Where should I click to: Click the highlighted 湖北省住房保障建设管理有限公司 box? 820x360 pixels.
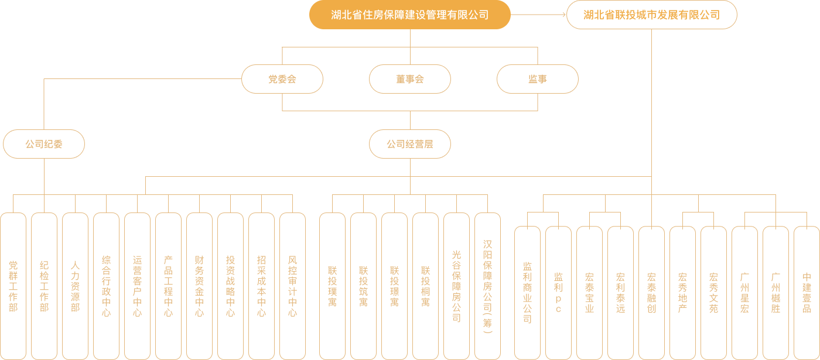point(409,15)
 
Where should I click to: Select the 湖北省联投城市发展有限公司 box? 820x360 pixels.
point(651,15)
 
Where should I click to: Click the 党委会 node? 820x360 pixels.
point(282,79)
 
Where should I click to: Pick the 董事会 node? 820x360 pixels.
point(409,79)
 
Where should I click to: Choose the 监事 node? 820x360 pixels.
point(537,79)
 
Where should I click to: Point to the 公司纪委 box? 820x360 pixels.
point(44,143)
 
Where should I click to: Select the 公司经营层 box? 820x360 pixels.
point(409,143)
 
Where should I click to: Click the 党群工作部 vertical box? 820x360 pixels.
point(13,286)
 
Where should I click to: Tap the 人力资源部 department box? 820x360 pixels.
point(75,286)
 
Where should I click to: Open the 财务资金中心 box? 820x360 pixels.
point(199,286)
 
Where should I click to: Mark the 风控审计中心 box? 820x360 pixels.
point(292,286)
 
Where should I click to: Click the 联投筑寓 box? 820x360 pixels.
point(363,286)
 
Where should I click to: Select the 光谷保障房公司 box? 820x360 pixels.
point(456,286)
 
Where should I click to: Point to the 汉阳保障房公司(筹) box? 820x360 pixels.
point(487,286)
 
